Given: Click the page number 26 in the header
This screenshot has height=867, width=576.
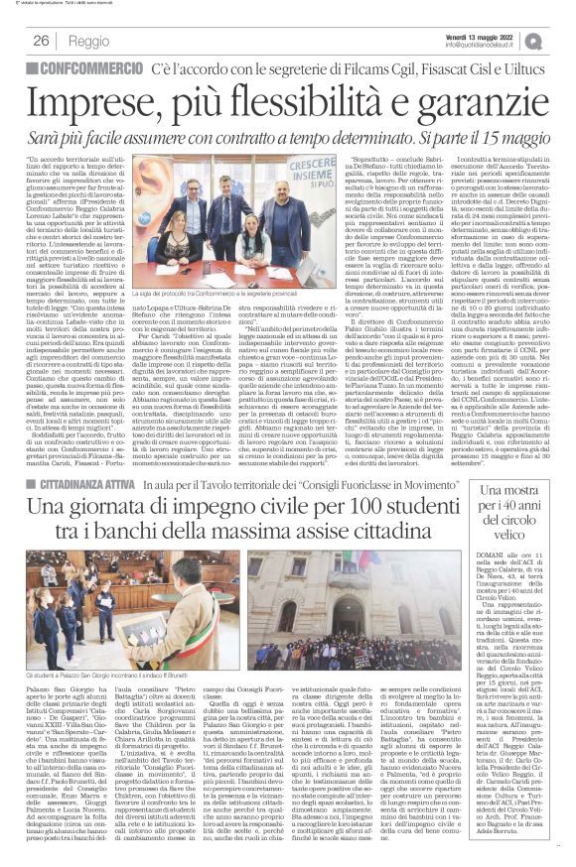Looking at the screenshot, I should (42, 41).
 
